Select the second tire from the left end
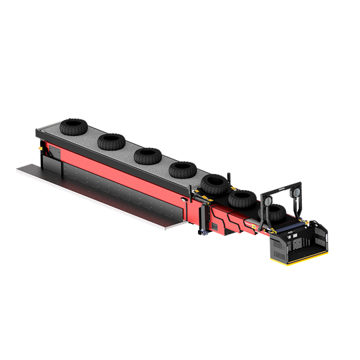111,141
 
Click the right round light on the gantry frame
298,193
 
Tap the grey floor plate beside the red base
100,200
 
